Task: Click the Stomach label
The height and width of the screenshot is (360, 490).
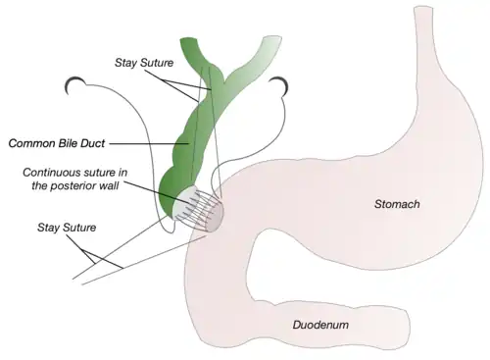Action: [x=396, y=204]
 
